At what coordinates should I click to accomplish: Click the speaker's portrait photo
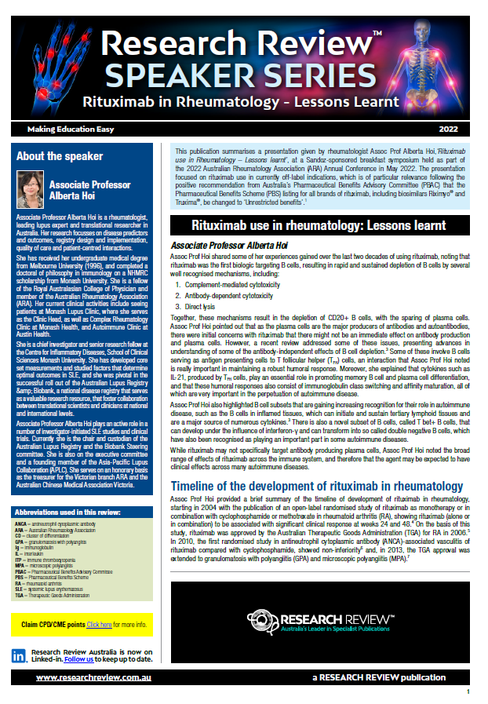(x=31, y=190)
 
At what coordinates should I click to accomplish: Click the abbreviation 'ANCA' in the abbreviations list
(x=21, y=523)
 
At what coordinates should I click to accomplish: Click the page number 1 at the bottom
(x=468, y=692)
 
